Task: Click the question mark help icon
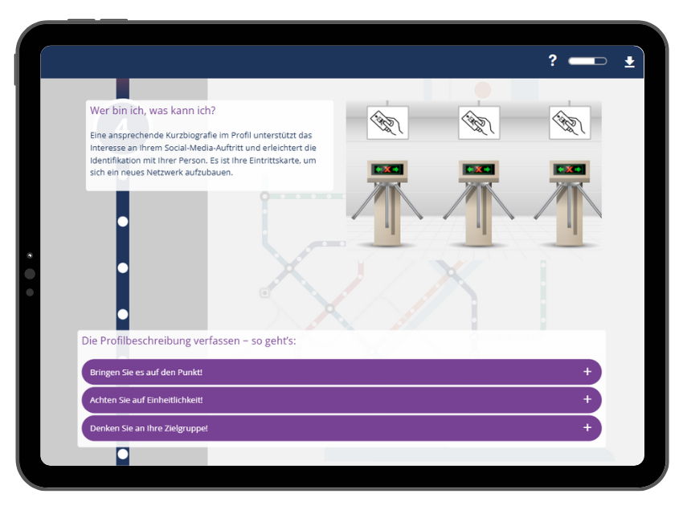pyautogui.click(x=552, y=60)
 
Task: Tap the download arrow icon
pyautogui.click(x=629, y=61)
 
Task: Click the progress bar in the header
pyautogui.click(x=587, y=61)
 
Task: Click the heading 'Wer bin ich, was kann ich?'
pyautogui.click(x=153, y=111)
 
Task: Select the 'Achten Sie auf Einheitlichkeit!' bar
pyautogui.click(x=341, y=400)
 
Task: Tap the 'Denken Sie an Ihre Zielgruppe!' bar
pyautogui.click(x=341, y=428)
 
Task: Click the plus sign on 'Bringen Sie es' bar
pyautogui.click(x=587, y=372)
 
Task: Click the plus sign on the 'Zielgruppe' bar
pyautogui.click(x=587, y=428)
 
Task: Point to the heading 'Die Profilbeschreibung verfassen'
pyautogui.click(x=189, y=341)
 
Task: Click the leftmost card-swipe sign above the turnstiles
pyautogui.click(x=387, y=123)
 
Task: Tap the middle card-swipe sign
pyautogui.click(x=479, y=123)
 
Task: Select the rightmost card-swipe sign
pyautogui.click(x=570, y=123)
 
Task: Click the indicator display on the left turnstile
pyautogui.click(x=387, y=169)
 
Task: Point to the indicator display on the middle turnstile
pyautogui.click(x=479, y=169)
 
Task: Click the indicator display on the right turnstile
pyautogui.click(x=570, y=169)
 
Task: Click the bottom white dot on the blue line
pyautogui.click(x=123, y=454)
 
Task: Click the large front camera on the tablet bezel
pyautogui.click(x=30, y=274)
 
